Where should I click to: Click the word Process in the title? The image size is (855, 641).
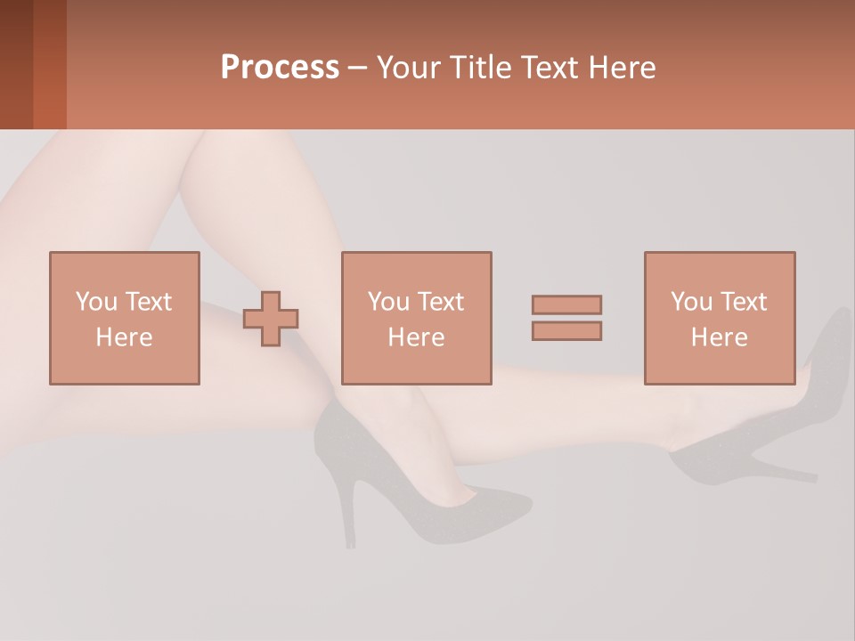pos(280,68)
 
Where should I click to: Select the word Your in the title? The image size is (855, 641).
pos(409,68)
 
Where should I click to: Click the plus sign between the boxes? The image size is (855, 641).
pos(271,318)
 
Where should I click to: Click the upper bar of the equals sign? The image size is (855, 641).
pos(566,304)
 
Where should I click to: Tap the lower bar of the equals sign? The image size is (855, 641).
pos(566,330)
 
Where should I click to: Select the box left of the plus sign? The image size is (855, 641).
pos(124,318)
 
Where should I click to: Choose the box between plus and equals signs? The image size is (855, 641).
pos(416,318)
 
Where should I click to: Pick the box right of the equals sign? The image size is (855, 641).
pos(719,318)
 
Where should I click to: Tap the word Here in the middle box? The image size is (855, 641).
pos(416,337)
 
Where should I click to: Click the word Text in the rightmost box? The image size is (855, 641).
pos(744,302)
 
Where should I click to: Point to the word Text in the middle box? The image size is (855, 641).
pos(441,302)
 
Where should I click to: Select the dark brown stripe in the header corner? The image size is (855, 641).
pos(16,64)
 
